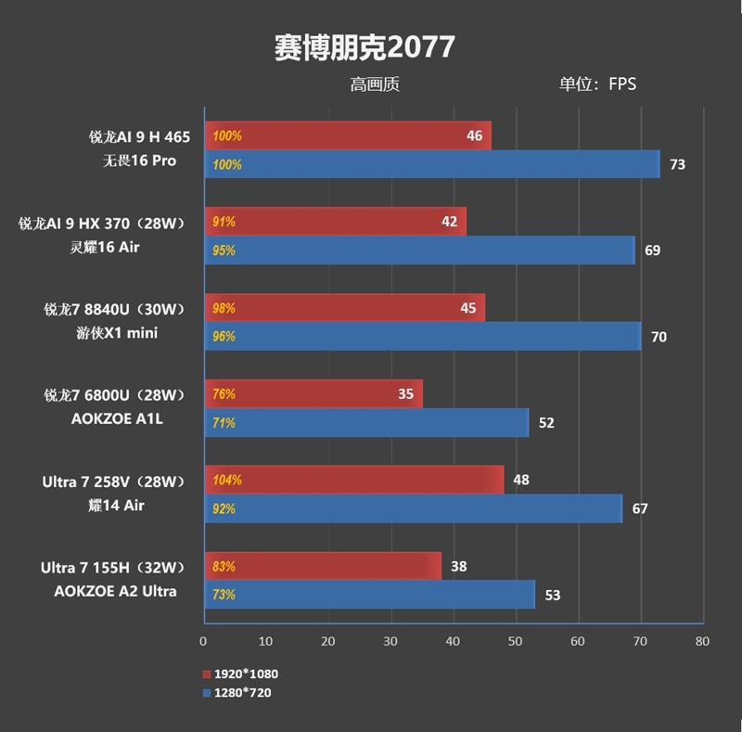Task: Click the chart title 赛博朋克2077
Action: pyautogui.click(x=365, y=46)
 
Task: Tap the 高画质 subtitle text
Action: pyautogui.click(x=375, y=84)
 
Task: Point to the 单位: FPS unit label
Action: pyautogui.click(x=596, y=84)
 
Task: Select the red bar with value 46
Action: pyautogui.click(x=347, y=135)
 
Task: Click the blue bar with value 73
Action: pyautogui.click(x=431, y=164)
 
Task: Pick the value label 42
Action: pyautogui.click(x=449, y=222)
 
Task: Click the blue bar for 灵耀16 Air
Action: pyautogui.click(x=419, y=250)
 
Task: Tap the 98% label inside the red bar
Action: pyautogui.click(x=224, y=308)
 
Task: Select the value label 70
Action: pyautogui.click(x=659, y=337)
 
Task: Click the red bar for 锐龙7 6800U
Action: pyautogui.click(x=313, y=393)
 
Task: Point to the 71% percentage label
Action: pyautogui.click(x=224, y=423)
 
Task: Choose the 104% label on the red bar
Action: pyautogui.click(x=227, y=480)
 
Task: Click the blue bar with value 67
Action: pyautogui.click(x=413, y=508)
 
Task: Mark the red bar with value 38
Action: pyautogui.click(x=322, y=566)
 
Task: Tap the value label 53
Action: pyautogui.click(x=553, y=595)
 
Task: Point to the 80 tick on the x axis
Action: pyautogui.click(x=702, y=641)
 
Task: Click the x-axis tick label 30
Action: pyautogui.click(x=390, y=641)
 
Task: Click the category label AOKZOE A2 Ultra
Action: pyautogui.click(x=123, y=591)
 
